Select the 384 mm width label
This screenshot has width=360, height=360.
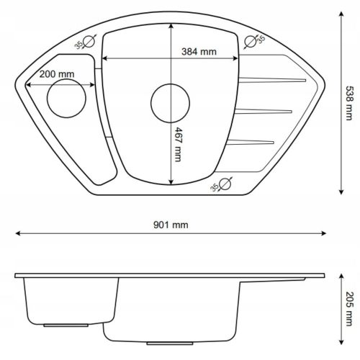[199, 52]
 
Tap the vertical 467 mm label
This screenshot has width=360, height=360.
[177, 145]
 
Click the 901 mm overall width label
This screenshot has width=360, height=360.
[171, 225]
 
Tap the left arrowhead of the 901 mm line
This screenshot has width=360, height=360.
[19, 234]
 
